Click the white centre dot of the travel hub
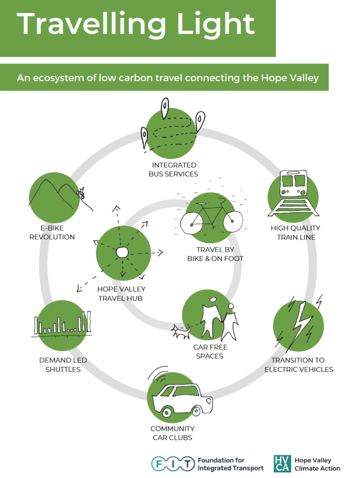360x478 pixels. pyautogui.click(x=122, y=252)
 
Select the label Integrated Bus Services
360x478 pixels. pyautogui.click(x=173, y=169)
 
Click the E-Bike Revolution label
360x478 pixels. pyautogui.click(x=52, y=232)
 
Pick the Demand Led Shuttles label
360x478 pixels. pyautogui.click(x=63, y=365)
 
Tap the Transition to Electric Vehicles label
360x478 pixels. pyautogui.click(x=299, y=365)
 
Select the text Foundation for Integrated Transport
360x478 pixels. pyautogui.click(x=230, y=464)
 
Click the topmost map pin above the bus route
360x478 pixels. pyautogui.click(x=165, y=107)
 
